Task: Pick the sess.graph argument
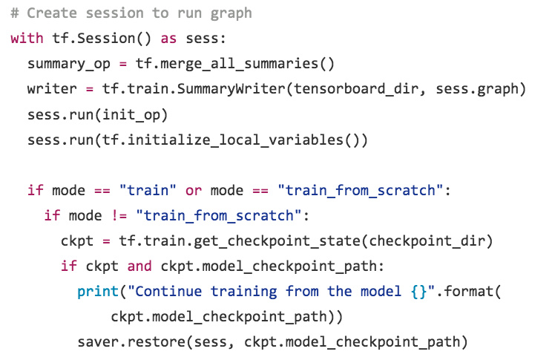480,89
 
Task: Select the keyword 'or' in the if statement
193,190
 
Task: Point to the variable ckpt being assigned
76,241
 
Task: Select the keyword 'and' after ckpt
139,266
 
